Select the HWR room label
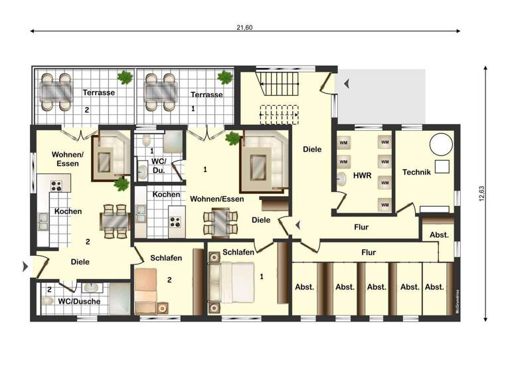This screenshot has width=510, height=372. pyautogui.click(x=362, y=175)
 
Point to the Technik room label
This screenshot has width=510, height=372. pyautogui.click(x=416, y=172)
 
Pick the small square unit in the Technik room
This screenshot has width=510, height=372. pyautogui.click(x=441, y=167)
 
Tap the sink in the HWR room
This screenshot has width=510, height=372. pyautogui.click(x=343, y=178)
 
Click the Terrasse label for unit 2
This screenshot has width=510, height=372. pyautogui.click(x=98, y=93)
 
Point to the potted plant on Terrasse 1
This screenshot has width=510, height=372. pyautogui.click(x=226, y=78)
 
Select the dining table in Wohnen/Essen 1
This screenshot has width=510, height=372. pyautogui.click(x=218, y=221)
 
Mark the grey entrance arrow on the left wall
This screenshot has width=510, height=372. pyautogui.click(x=26, y=266)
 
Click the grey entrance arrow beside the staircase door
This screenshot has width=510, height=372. pyautogui.click(x=346, y=84)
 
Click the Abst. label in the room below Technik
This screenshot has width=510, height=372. pyautogui.click(x=438, y=234)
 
